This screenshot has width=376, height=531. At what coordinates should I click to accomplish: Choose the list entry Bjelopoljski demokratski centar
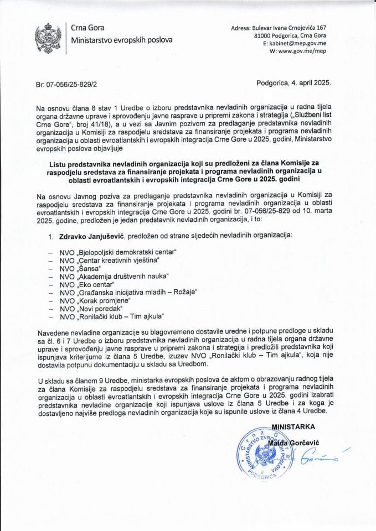(x=119, y=252)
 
